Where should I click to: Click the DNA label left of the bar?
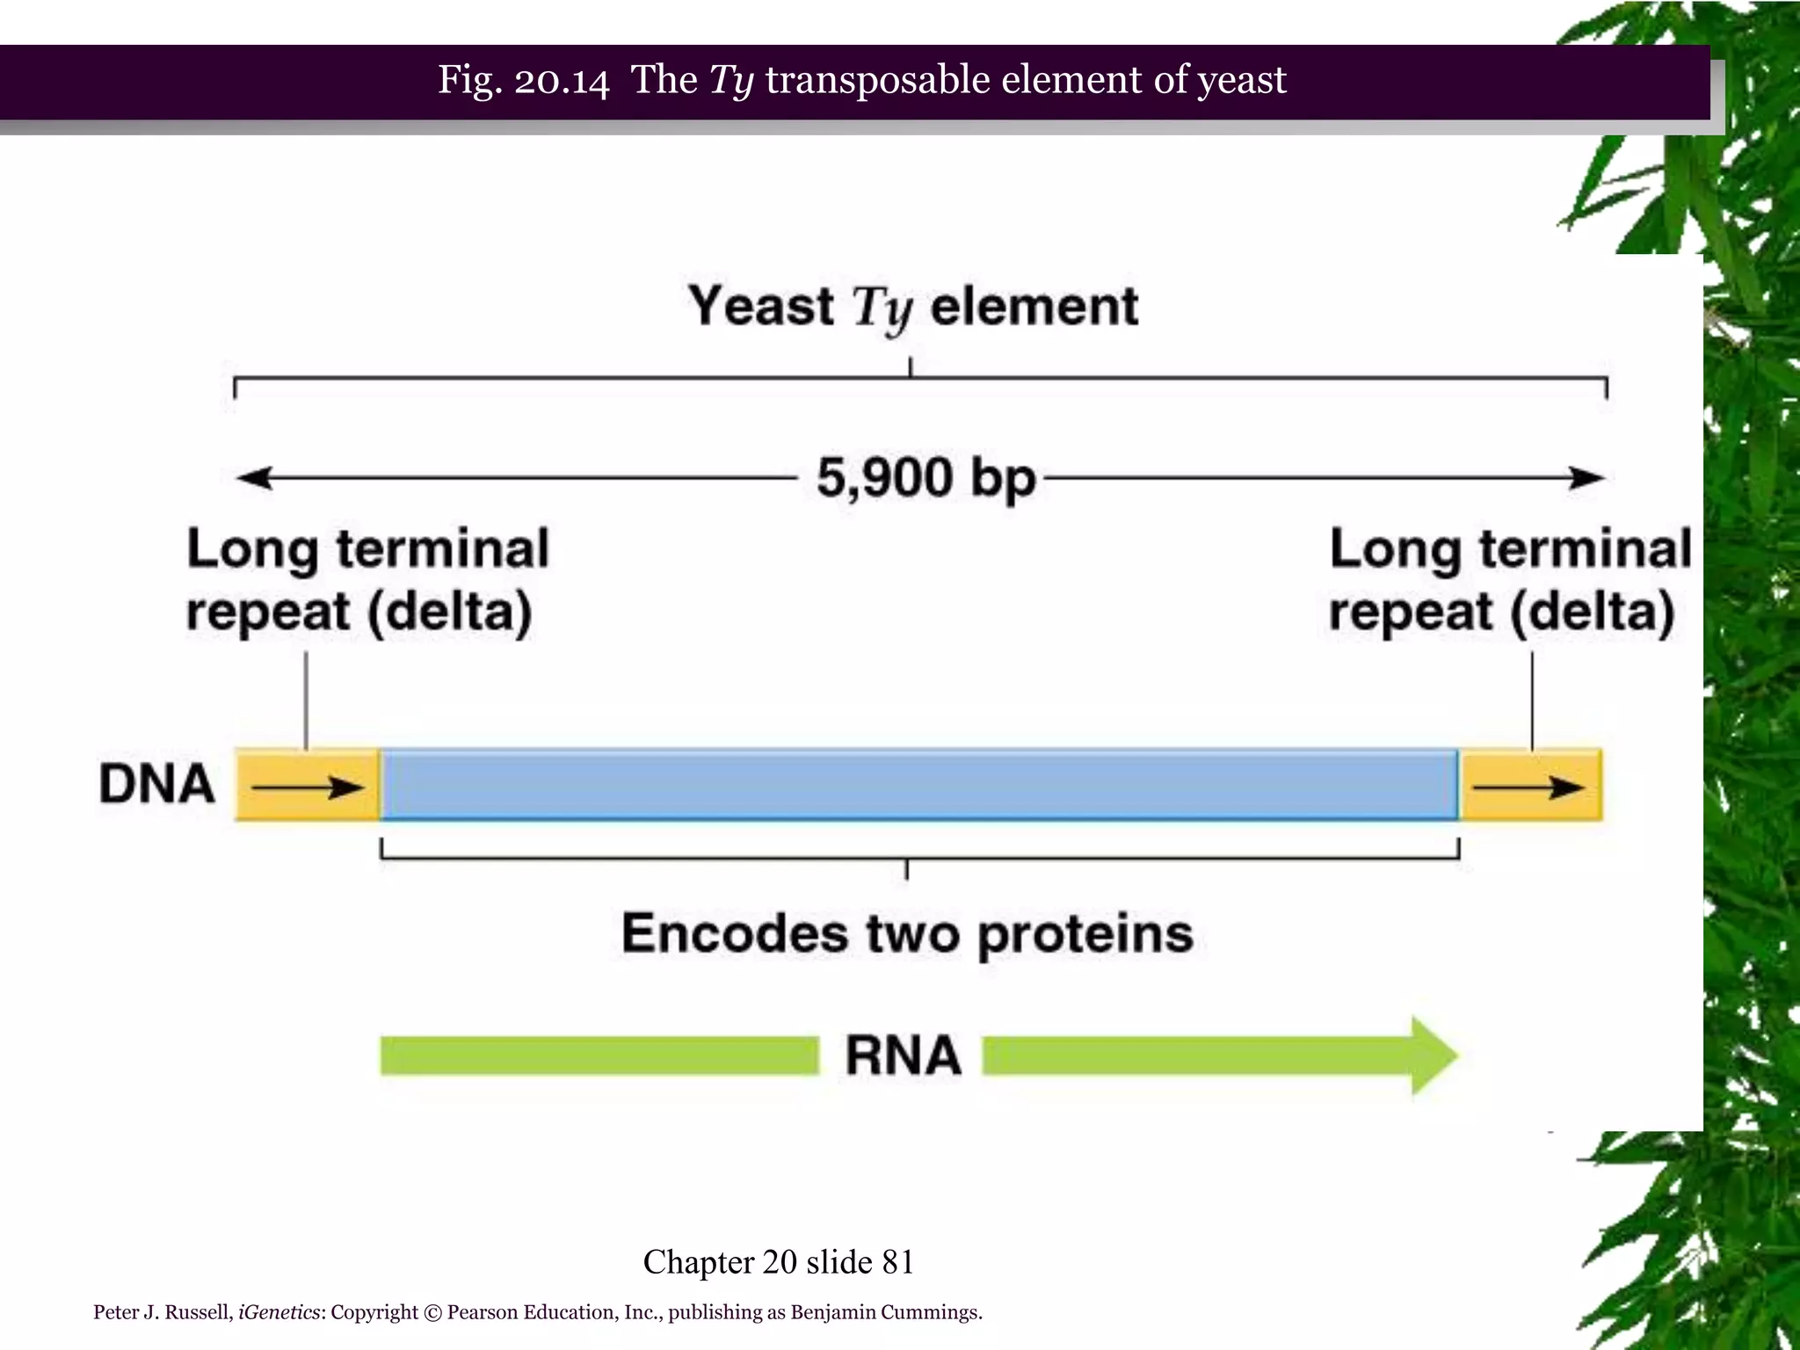coord(156,784)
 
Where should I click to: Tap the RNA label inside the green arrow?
coord(903,1056)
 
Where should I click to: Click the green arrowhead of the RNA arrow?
coord(1433,1056)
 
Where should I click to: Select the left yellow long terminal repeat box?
coord(307,786)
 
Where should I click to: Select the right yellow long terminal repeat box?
coord(1530,786)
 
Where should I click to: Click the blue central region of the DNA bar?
coord(918,784)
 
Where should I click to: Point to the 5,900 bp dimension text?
coord(925,479)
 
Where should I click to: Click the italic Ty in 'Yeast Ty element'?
coord(882,308)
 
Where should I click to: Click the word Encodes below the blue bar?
coord(735,933)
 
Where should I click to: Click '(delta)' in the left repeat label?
coord(449,613)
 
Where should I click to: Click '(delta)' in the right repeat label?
coord(1592,613)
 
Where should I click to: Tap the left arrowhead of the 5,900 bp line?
coord(253,478)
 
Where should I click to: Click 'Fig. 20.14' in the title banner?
coord(523,80)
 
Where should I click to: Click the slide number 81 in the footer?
coord(897,1262)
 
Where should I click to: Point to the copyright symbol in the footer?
coord(432,1313)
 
